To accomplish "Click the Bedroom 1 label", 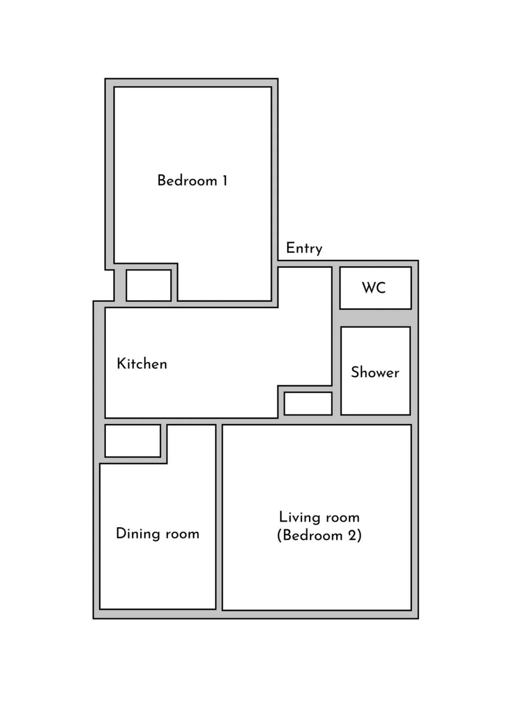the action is point(192,181).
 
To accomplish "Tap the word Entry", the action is point(304,249).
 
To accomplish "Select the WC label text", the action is point(374,288).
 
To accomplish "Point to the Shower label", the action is point(375,372).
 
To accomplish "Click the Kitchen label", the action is point(142,364).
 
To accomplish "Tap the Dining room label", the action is point(157,534).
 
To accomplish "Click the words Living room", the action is point(319,517).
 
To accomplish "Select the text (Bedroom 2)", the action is point(319,536).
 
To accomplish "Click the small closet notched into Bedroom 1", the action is point(149,286).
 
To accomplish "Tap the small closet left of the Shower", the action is point(308,404).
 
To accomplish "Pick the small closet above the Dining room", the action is point(133,441).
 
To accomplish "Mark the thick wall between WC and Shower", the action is point(375,317).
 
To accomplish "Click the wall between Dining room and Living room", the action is point(219,517).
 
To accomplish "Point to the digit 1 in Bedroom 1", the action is point(225,181).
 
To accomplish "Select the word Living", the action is point(297,518).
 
